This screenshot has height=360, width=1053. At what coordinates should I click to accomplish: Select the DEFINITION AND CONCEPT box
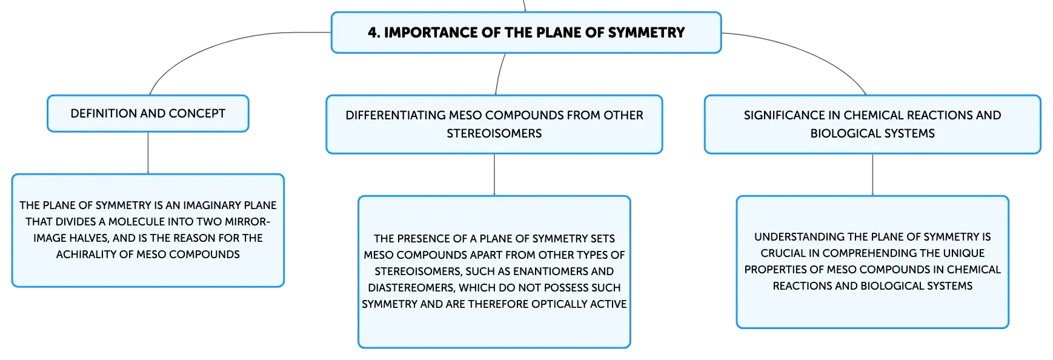148,113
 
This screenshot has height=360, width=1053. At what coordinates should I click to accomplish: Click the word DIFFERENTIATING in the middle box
394,115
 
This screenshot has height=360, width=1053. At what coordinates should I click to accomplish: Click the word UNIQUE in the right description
965,253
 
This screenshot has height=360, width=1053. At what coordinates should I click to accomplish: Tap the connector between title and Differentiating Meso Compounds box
499,74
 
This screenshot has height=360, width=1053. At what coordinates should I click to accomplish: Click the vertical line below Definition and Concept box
148,153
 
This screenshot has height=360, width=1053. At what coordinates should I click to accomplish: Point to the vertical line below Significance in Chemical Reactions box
872,175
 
